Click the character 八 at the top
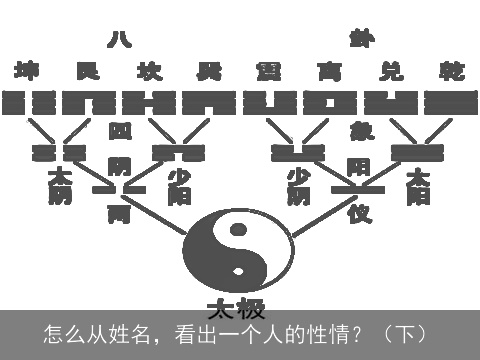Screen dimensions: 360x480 [119, 39]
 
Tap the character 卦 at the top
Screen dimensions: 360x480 [361, 39]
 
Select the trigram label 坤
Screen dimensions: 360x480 [27, 72]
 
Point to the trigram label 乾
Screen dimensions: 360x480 [451, 72]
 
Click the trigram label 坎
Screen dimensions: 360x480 [149, 72]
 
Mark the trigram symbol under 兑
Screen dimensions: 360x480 [391, 102]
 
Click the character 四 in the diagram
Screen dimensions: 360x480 [119, 130]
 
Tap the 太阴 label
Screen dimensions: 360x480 [59, 186]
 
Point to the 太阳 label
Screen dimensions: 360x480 [419, 186]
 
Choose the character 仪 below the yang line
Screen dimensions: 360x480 [359, 212]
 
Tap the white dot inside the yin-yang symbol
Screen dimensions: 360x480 [238, 270]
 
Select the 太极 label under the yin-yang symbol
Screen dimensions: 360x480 [237, 306]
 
